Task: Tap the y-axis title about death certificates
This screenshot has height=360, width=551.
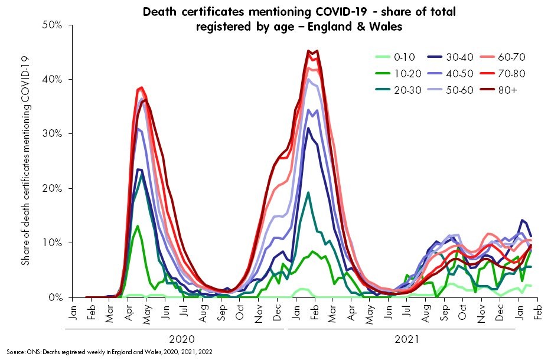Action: click(x=25, y=161)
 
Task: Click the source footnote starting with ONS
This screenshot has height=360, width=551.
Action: click(x=110, y=352)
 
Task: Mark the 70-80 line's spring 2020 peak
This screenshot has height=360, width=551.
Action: click(x=141, y=87)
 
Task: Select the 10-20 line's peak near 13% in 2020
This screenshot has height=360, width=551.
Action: click(x=138, y=226)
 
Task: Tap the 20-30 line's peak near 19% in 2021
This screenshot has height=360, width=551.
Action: click(x=308, y=192)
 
